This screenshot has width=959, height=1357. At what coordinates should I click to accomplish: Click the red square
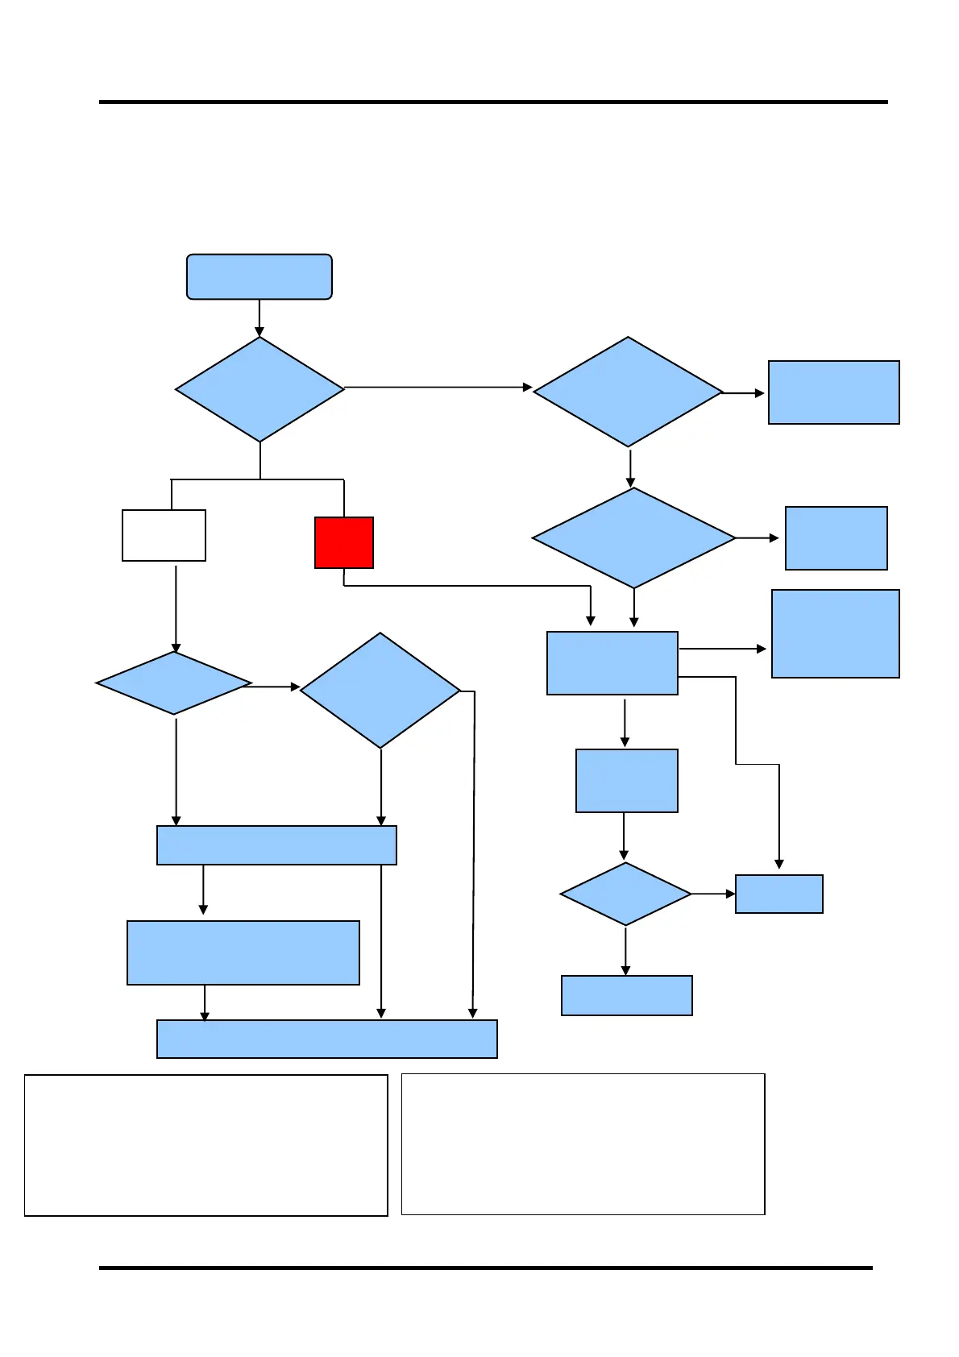[x=343, y=542]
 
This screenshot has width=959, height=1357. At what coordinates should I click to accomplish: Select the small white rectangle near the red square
[x=164, y=535]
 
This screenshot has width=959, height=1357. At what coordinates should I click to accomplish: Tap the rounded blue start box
[x=259, y=277]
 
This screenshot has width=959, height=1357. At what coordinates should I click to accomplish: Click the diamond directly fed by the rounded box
[x=259, y=389]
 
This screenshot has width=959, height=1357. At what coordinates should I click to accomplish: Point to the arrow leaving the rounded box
[x=259, y=317]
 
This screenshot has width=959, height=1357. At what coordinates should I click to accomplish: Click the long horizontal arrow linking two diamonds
[x=435, y=388]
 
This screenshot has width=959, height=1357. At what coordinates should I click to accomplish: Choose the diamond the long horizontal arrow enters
[x=628, y=392]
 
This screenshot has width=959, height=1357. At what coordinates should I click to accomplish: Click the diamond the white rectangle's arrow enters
[x=173, y=683]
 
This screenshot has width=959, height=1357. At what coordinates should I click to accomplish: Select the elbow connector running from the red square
[x=467, y=586]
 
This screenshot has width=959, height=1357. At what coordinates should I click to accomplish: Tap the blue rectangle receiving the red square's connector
[x=612, y=662]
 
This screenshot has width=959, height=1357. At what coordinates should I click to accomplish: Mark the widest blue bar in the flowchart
[x=326, y=1039]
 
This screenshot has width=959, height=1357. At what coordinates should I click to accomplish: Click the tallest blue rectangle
[x=835, y=633]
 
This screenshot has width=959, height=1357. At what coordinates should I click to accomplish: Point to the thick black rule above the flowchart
[x=493, y=102]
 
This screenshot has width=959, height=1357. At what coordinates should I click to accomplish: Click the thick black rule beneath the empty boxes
[x=485, y=1268]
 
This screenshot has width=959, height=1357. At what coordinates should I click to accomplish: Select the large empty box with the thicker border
[x=205, y=1144]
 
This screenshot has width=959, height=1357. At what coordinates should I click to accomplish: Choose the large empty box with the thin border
[x=583, y=1143]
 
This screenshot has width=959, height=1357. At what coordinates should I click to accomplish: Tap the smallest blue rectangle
[x=778, y=894]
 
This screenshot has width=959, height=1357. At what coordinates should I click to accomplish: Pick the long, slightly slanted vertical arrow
[x=474, y=854]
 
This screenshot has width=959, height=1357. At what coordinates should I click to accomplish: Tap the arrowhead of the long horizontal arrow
[x=527, y=388]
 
